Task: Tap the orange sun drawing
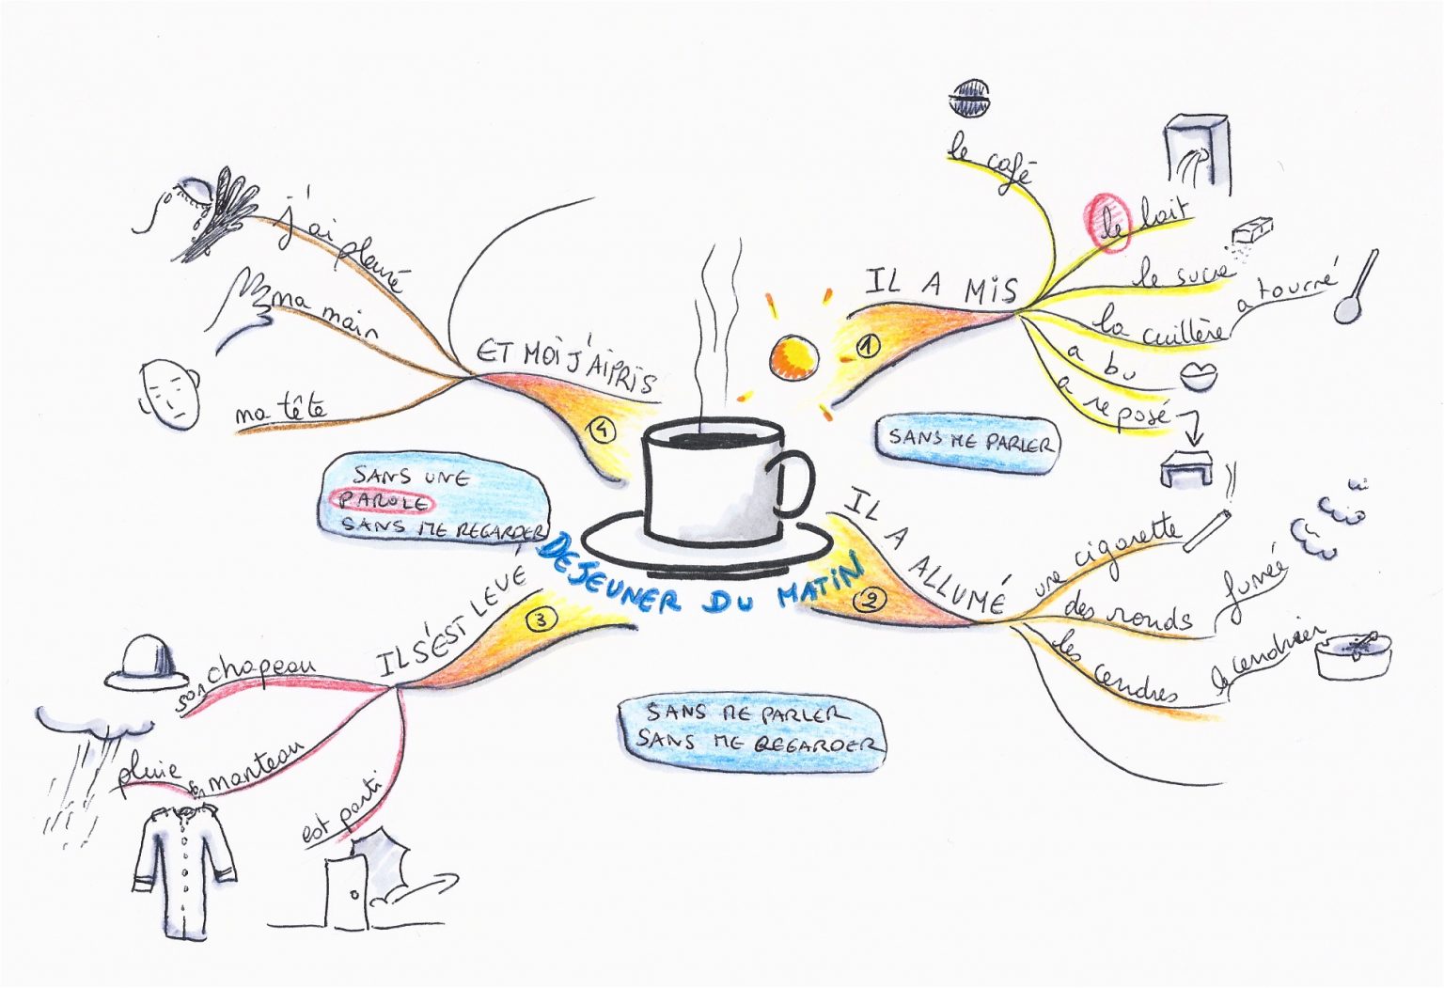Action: click(x=793, y=357)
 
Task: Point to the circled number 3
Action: click(x=542, y=619)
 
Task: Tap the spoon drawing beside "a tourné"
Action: click(x=1356, y=288)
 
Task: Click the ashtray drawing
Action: click(x=1352, y=654)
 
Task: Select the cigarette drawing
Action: click(x=1207, y=530)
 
